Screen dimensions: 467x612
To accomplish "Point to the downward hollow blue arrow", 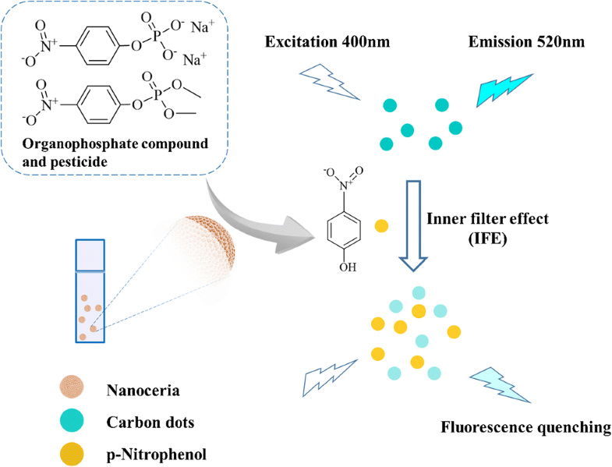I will (x=412, y=226).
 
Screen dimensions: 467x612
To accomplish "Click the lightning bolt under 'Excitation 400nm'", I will (x=327, y=83).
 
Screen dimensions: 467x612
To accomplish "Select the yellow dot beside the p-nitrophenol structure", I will (x=381, y=226).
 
